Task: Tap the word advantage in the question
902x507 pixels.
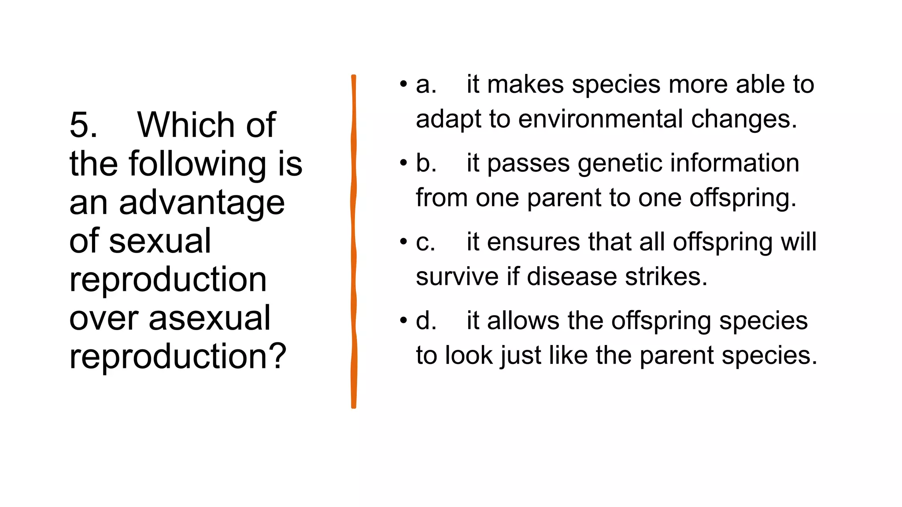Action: click(202, 203)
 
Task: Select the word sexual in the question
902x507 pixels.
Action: click(160, 241)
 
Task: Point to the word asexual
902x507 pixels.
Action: click(209, 318)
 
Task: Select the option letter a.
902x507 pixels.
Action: click(424, 84)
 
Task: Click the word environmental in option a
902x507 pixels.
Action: click(600, 119)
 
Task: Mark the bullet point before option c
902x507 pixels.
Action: click(403, 242)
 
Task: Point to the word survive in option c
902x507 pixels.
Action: click(457, 277)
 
